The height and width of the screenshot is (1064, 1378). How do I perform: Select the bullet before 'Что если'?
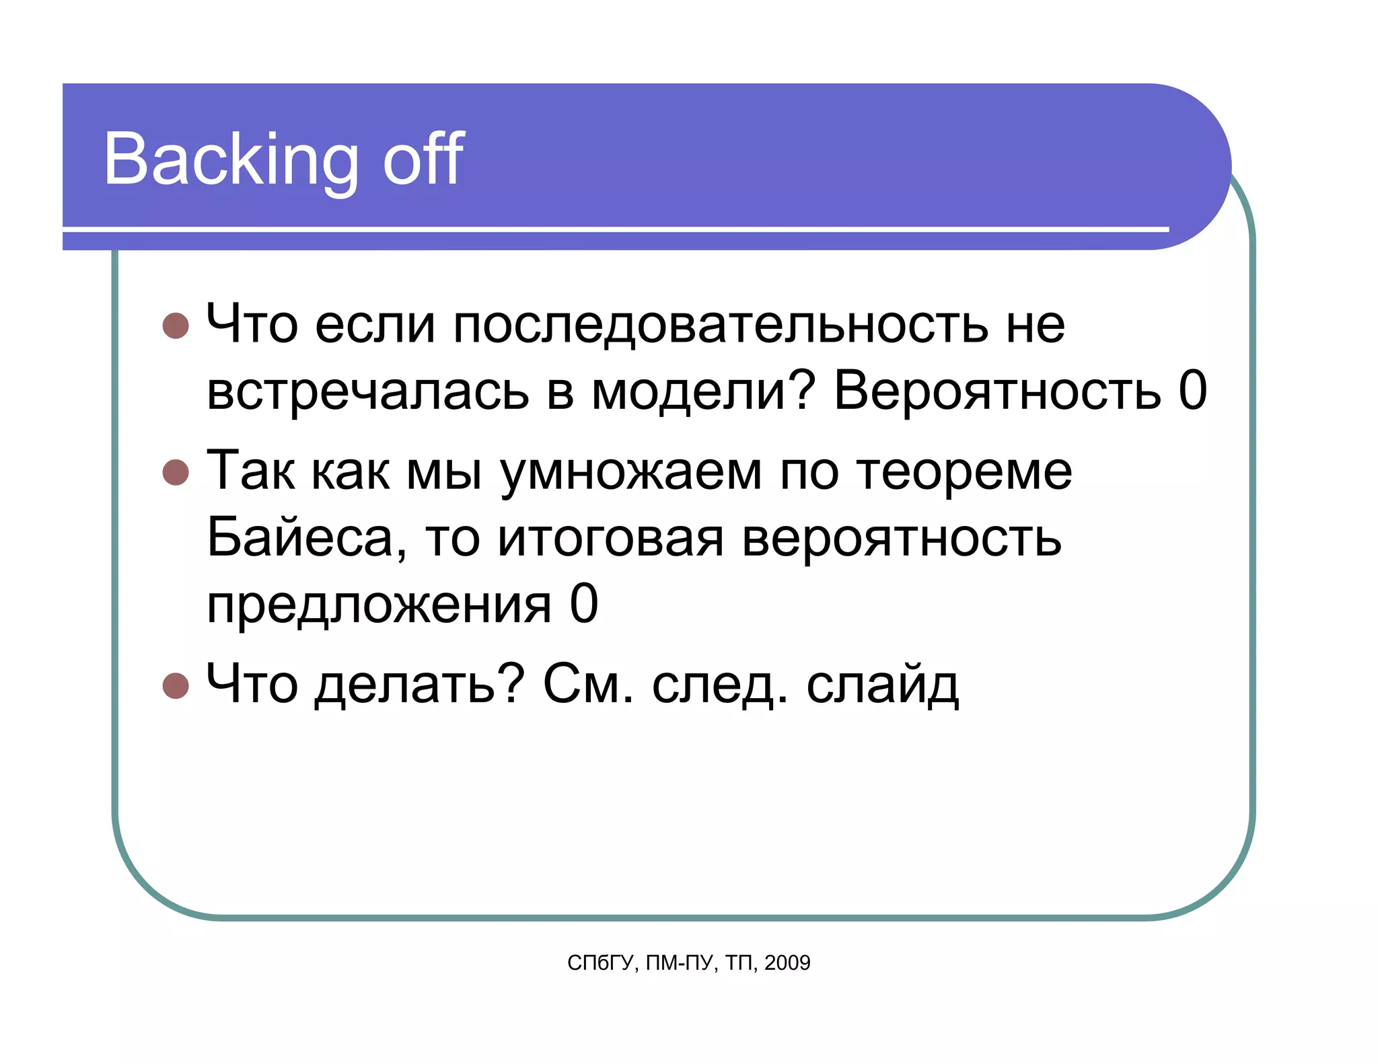(176, 326)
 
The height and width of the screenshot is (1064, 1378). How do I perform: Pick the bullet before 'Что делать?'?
(176, 685)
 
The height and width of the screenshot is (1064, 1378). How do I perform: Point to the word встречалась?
(367, 391)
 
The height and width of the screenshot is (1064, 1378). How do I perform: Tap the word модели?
(703, 391)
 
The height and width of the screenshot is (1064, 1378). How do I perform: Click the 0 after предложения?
(583, 603)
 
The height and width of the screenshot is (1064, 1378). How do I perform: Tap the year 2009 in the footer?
(787, 963)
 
